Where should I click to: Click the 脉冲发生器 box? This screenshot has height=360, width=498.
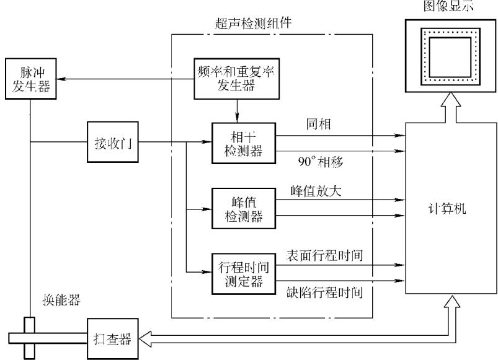31,79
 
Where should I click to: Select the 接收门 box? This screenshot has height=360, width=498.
113,142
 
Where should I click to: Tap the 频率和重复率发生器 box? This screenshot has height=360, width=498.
237,79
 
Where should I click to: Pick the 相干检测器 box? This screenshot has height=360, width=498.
244,143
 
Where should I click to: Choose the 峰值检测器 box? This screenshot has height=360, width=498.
244,208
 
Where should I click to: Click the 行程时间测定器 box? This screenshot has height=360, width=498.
244,274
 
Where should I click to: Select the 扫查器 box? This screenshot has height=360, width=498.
113,339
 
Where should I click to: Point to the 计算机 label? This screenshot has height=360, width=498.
447,209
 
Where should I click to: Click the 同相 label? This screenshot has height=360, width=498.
319,124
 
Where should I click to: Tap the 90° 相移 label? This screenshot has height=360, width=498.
321,162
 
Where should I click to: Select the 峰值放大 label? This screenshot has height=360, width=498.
316,191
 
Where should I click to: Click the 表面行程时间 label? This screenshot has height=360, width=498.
324,255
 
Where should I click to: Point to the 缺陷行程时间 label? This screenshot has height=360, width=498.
324,292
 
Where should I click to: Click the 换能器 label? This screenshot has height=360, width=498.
61,300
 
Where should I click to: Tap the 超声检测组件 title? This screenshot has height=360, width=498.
253,24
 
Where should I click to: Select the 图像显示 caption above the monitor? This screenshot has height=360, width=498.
448,6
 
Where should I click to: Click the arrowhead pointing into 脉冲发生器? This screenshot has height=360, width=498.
61,79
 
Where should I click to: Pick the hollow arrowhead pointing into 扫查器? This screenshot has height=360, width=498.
145,339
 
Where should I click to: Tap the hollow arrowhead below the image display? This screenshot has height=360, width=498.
450,99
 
